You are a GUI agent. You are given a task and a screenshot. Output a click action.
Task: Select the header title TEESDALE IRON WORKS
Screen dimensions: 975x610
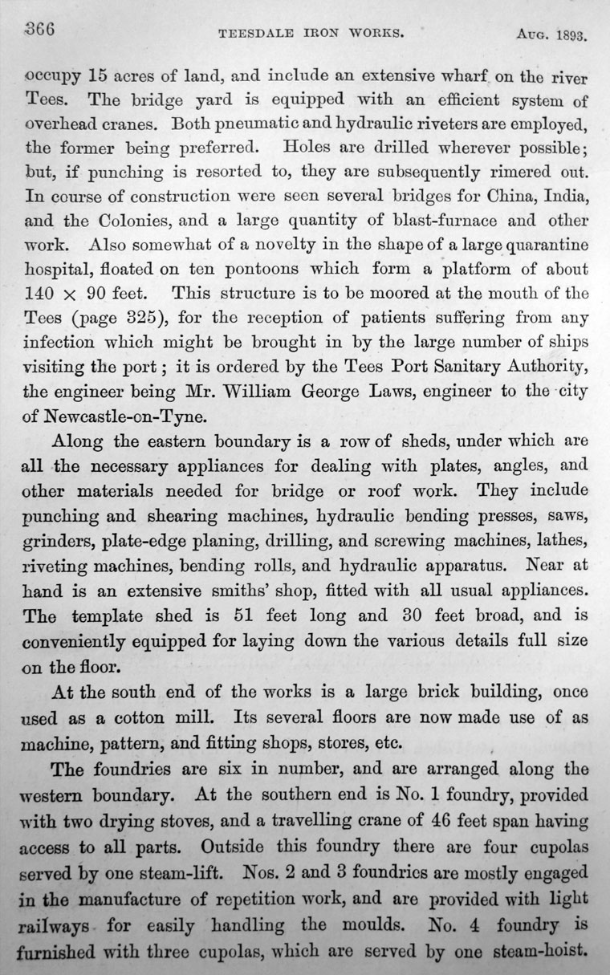coord(311,35)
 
